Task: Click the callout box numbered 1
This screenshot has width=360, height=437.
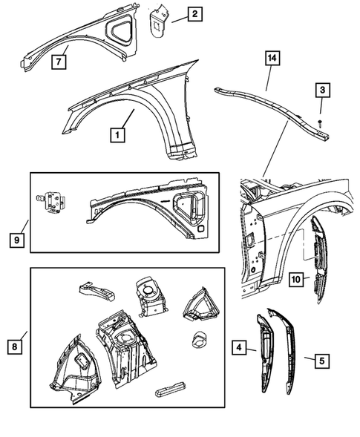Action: (117, 136)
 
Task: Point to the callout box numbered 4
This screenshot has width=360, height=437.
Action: (240, 347)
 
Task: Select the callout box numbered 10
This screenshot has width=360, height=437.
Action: (295, 280)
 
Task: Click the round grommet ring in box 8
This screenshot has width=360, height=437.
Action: (199, 341)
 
